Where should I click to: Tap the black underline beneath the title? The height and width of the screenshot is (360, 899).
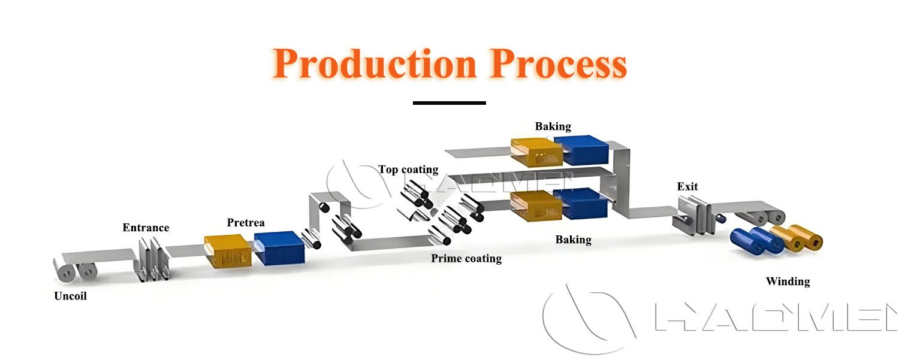(x=449, y=103)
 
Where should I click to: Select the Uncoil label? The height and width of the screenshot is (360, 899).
(x=70, y=296)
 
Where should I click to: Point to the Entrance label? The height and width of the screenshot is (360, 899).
(x=146, y=228)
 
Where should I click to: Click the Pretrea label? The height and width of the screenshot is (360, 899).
(x=246, y=223)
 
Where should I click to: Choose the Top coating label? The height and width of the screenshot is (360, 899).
(x=408, y=170)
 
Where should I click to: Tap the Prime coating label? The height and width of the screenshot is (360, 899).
(x=466, y=259)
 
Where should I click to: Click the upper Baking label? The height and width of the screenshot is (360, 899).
(x=553, y=126)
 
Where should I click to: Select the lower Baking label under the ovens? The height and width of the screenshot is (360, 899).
(x=573, y=240)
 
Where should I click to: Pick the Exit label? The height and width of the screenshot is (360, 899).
(x=687, y=186)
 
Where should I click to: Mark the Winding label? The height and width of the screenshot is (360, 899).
(x=788, y=282)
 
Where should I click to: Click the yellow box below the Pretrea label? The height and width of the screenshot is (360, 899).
(x=230, y=252)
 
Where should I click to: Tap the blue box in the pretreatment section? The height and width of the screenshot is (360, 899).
(x=280, y=248)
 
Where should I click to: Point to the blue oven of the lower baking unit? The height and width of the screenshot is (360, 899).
(x=580, y=204)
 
